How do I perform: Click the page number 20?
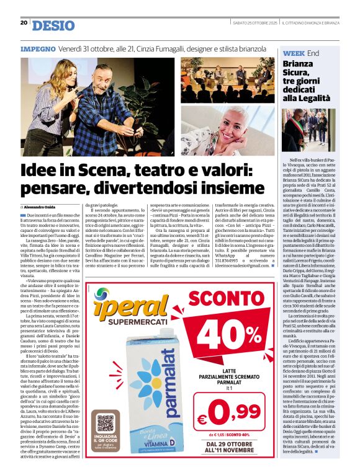pos(24,22)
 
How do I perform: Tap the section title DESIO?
pos(52,25)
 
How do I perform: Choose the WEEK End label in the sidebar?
pos(301,54)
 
